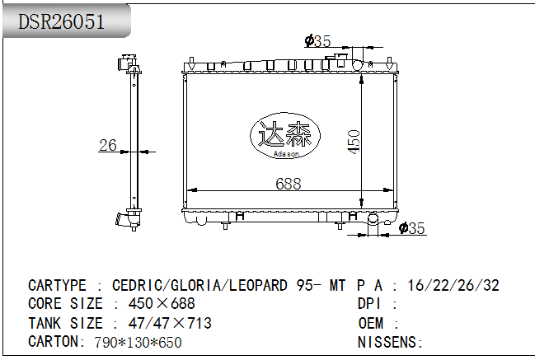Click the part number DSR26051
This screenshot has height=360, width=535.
(62, 22)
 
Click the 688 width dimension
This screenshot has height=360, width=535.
(288, 184)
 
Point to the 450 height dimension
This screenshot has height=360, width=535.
(354, 141)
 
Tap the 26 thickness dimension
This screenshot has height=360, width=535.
(108, 146)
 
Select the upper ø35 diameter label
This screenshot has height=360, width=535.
(317, 41)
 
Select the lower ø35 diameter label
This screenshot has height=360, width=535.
(411, 229)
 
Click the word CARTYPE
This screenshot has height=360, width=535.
(58, 286)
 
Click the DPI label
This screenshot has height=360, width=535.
(368, 304)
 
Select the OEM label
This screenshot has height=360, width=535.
(372, 323)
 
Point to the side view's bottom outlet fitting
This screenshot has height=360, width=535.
(126, 220)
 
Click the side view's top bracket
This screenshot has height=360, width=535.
(126, 63)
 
